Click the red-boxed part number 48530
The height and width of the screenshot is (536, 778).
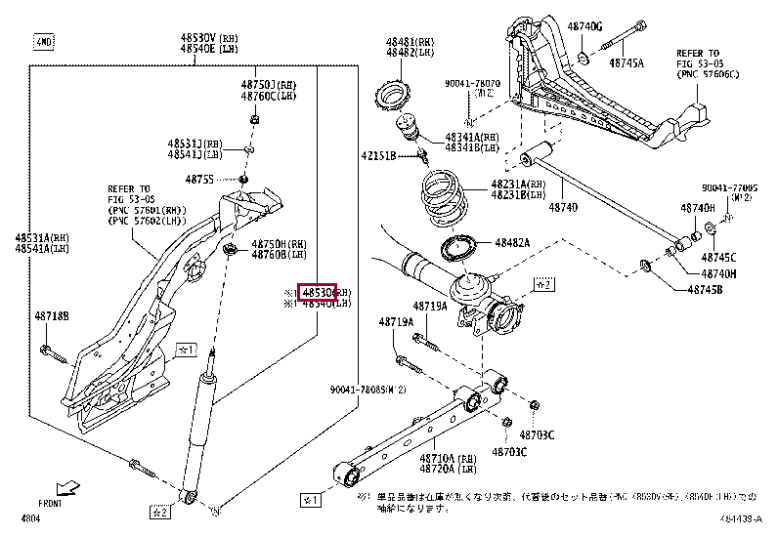click(x=318, y=292)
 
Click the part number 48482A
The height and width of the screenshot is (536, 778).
click(x=511, y=243)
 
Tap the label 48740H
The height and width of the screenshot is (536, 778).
click(x=699, y=209)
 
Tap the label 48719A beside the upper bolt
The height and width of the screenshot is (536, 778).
click(x=396, y=321)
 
